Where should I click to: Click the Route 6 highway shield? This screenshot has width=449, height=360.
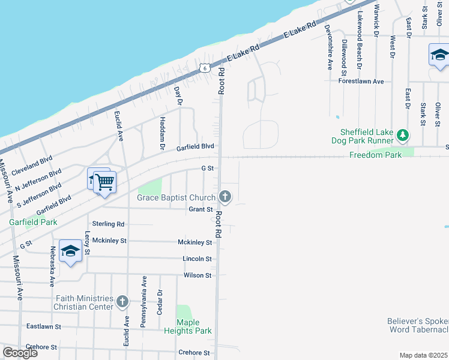[206, 68]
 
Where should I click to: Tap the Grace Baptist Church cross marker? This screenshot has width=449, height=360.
[225, 196]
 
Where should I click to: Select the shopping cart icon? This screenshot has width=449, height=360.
[105, 182]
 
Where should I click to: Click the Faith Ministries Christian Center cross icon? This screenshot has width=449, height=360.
[122, 302]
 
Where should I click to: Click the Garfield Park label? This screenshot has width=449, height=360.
[33, 222]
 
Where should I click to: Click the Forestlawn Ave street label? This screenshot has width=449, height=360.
[361, 81]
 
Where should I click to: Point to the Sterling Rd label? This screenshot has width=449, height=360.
[108, 224]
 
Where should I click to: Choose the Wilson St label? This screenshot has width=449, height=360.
[197, 275]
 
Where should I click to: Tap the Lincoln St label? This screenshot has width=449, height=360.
[197, 259]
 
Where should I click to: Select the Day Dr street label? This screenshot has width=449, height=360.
[178, 95]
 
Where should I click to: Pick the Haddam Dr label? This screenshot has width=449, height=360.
[162, 133]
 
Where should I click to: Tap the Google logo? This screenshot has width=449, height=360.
[20, 353]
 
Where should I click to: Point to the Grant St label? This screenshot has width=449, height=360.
[201, 209]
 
